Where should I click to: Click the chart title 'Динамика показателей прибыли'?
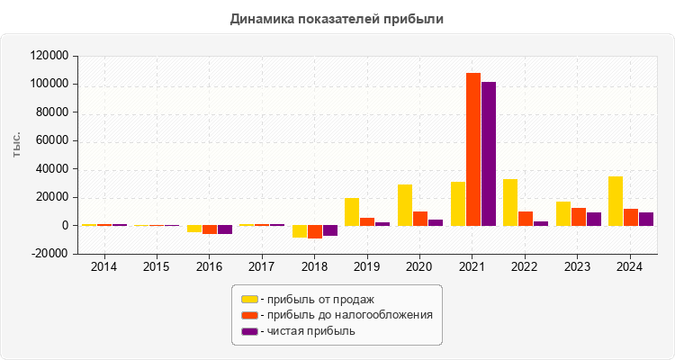337,19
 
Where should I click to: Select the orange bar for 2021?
473,149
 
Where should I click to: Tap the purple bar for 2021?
489,154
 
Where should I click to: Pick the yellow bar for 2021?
458,203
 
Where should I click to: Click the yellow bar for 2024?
616,201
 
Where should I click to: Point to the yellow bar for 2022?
510,202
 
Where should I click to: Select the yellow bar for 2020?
405,205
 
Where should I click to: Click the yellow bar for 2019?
352,211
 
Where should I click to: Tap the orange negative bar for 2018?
315,231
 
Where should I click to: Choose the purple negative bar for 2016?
225,229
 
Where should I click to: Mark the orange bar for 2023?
579,217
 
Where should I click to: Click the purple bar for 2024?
646,219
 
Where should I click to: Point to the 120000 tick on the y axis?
49,56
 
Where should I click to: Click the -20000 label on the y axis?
49,254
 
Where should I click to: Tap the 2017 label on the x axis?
261,267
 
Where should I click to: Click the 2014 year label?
103,267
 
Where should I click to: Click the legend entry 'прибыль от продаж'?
316,299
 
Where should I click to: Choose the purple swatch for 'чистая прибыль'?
249,331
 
